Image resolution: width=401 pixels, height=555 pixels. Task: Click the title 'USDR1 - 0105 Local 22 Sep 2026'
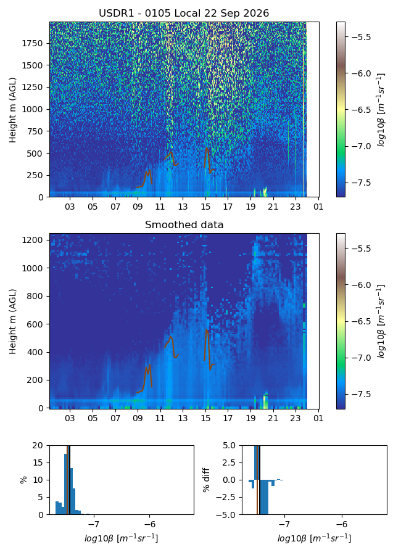click(184, 13)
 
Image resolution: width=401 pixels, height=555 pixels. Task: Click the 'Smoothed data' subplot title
click(184, 224)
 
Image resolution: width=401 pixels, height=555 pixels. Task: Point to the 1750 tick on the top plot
click(32, 43)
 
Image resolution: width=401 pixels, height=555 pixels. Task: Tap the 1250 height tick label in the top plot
click(32, 87)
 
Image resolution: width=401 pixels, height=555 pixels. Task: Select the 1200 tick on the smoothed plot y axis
click(35, 240)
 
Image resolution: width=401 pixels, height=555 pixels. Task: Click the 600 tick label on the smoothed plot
click(37, 324)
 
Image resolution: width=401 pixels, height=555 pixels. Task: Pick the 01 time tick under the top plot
click(318, 207)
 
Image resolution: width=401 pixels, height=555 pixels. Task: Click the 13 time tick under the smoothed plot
click(183, 418)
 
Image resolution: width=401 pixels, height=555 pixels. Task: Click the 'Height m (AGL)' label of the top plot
click(13, 110)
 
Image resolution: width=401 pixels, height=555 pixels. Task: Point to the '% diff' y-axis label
click(206, 480)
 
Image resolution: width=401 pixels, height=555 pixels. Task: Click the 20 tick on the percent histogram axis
click(38, 445)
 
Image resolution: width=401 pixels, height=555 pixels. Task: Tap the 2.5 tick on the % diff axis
click(229, 462)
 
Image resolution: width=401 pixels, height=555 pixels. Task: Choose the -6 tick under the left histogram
click(150, 524)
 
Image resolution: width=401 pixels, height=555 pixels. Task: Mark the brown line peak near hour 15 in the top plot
click(207, 148)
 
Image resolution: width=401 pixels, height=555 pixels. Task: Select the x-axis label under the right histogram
click(314, 539)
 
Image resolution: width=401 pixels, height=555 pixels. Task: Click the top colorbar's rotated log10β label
click(381, 110)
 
